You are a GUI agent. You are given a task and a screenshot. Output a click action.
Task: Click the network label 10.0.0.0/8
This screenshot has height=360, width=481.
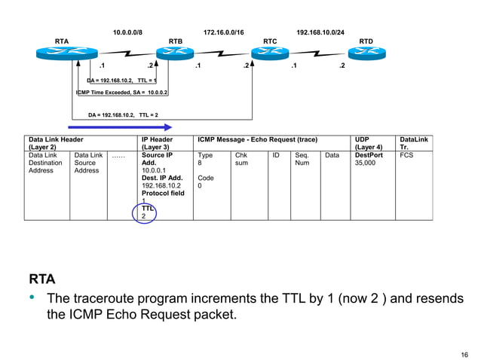tap(127, 33)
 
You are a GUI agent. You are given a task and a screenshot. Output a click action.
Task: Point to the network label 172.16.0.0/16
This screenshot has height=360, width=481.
tap(224, 33)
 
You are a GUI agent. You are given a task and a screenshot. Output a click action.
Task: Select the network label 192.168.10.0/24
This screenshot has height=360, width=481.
tap(320, 33)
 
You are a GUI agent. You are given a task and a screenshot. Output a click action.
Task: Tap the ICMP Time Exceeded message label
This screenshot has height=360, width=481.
tap(121, 92)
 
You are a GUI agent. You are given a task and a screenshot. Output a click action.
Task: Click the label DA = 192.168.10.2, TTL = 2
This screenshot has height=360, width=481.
tap(123, 114)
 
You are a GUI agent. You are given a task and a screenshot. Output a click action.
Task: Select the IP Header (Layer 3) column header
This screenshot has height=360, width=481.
tap(157, 143)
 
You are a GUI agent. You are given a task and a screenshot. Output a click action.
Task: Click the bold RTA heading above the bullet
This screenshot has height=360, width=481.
tap(42, 281)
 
